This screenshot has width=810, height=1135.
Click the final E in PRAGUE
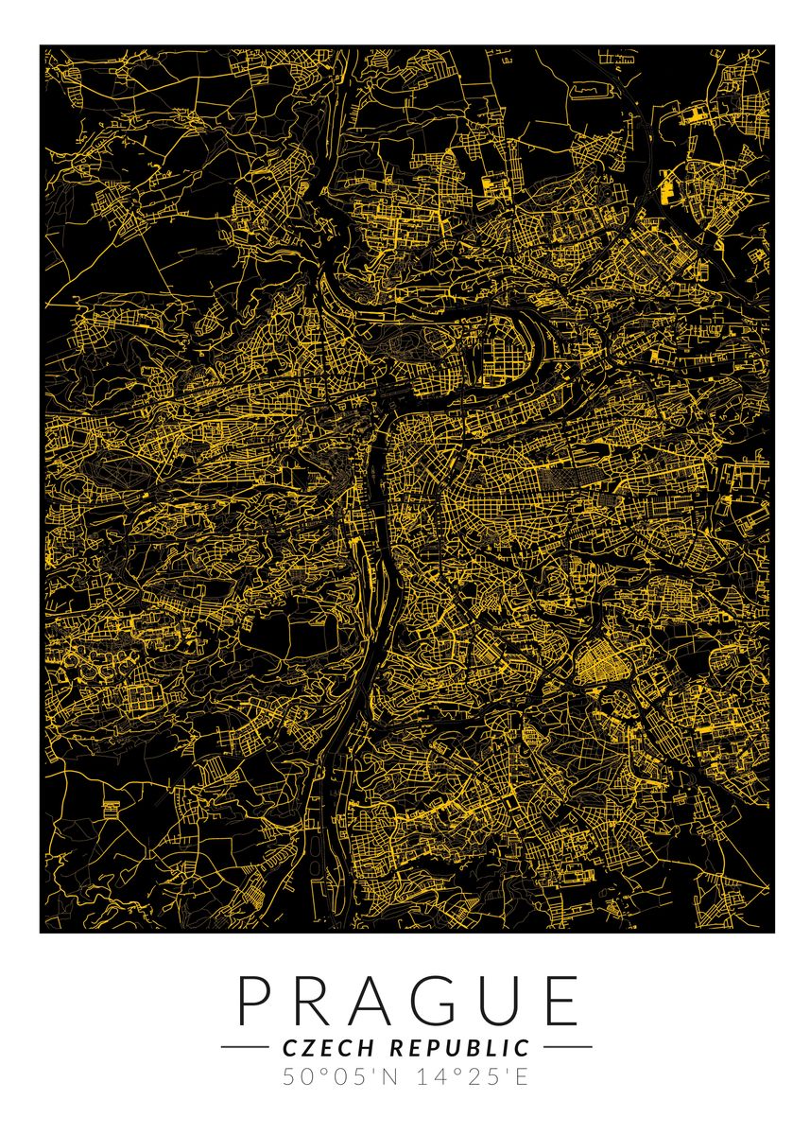pos(558,1000)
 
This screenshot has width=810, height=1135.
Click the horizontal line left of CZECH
pos(245,1047)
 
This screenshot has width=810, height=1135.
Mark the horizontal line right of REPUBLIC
pos(567,1047)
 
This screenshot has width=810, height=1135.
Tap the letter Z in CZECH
pos(304,1047)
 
